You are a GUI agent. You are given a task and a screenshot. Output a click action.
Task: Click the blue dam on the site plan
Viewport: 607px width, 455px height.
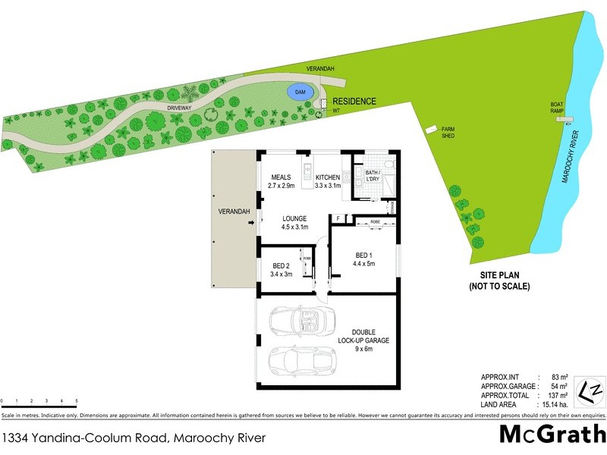300,93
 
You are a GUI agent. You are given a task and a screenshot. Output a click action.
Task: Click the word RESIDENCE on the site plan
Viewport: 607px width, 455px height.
354,101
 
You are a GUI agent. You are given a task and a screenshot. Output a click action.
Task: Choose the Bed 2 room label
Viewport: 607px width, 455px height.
282,265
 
